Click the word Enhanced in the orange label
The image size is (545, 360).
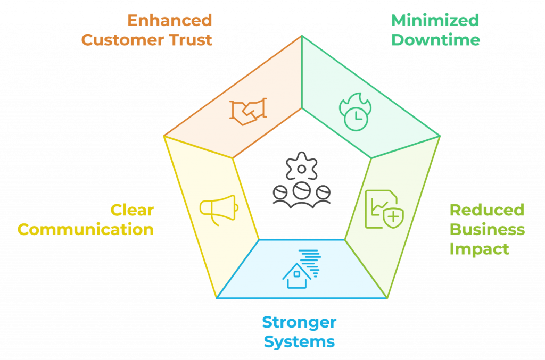[x=169, y=20]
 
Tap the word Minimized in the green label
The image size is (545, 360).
[x=435, y=20]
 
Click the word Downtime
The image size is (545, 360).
[x=435, y=40]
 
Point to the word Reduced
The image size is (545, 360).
[x=486, y=210]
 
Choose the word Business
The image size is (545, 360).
[x=487, y=229]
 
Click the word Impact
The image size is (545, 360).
[x=479, y=248]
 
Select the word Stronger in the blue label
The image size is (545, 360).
[x=299, y=322]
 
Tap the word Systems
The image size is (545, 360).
[x=299, y=341]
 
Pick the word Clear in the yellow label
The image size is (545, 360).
[x=132, y=210]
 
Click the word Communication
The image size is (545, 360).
[x=86, y=229]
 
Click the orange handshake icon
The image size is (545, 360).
[x=248, y=110]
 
